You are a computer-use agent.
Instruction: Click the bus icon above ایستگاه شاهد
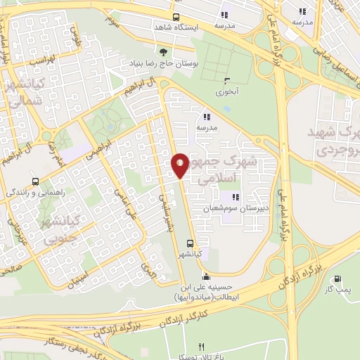pos(175,17)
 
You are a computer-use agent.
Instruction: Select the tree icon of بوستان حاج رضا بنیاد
pos(164,52)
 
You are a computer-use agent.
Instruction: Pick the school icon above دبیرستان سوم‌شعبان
pos(236,198)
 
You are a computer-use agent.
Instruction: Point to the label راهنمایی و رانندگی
pos(36,191)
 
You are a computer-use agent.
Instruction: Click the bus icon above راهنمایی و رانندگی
pos(35,181)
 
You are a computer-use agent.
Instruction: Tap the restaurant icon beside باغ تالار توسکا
pos(201,347)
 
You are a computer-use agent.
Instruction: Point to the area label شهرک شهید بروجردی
pos(327,141)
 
